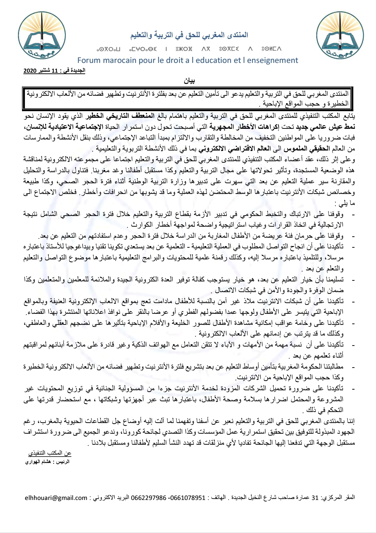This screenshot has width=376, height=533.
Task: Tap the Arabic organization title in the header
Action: (189, 35)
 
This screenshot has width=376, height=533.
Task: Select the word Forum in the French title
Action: (90, 60)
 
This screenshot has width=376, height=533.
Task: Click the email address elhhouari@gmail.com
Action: (56, 498)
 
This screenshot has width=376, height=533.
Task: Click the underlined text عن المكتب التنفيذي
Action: (50, 453)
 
